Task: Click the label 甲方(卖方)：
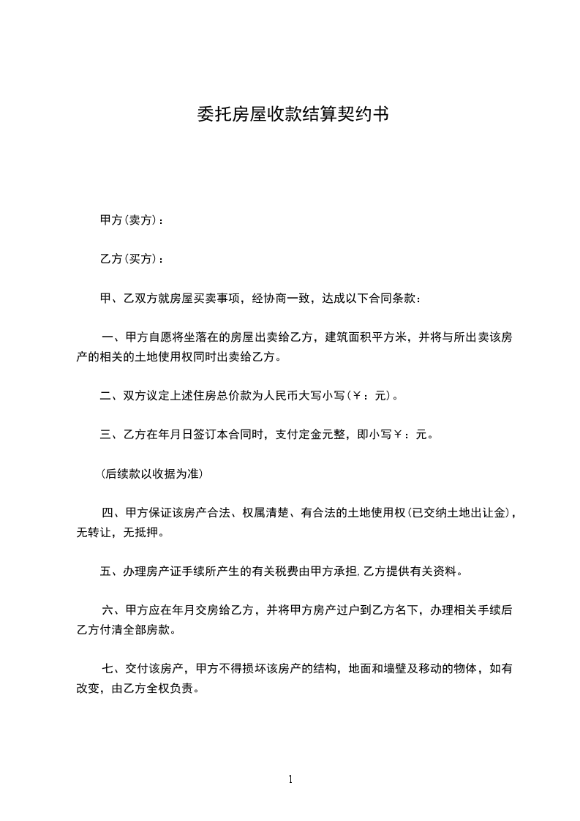click(132, 220)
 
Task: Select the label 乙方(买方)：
click(132, 259)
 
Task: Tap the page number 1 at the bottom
click(290, 779)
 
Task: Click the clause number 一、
click(113, 337)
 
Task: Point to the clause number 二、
click(111, 397)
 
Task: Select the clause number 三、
click(111, 435)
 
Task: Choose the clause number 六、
click(113, 610)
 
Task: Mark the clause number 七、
click(113, 669)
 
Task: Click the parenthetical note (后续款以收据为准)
click(151, 473)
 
